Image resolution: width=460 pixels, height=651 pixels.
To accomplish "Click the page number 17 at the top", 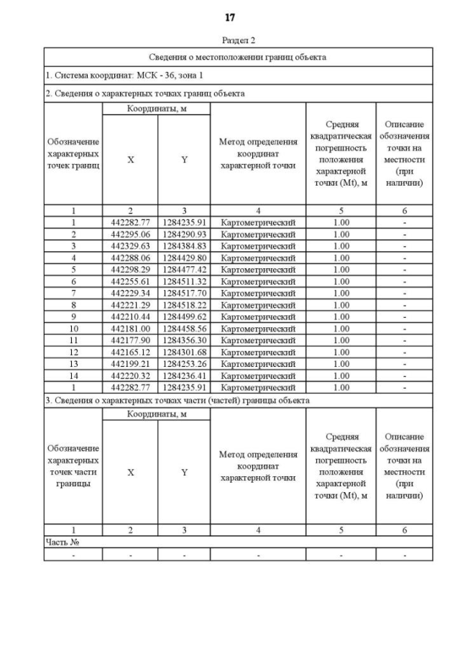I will point(230,17).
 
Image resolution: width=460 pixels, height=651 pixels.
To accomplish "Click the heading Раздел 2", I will point(230,41).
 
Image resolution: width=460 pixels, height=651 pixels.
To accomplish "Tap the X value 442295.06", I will point(130,234).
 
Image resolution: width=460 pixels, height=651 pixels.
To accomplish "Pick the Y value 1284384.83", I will point(184,245).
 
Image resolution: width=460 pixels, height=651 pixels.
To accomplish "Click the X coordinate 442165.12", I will point(130,352).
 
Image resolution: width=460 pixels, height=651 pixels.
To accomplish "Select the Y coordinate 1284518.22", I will point(184,305).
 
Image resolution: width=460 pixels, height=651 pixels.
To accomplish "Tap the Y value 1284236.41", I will point(184,375).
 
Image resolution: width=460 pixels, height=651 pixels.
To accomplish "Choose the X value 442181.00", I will point(130,328).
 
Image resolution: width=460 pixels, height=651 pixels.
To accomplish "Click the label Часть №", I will point(61,542).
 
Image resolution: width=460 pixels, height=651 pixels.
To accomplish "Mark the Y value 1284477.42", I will point(184,269).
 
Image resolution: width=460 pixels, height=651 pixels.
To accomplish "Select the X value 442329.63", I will point(130,245).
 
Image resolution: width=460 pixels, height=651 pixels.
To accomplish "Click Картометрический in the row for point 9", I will point(258,317).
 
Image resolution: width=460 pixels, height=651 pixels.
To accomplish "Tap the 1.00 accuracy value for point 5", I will point(341,269).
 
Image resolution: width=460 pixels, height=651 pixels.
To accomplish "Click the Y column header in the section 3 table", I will point(184,473).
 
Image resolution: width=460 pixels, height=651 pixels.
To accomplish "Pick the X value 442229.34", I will point(130,293).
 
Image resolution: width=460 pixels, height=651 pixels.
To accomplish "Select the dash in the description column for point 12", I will point(405,352).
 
